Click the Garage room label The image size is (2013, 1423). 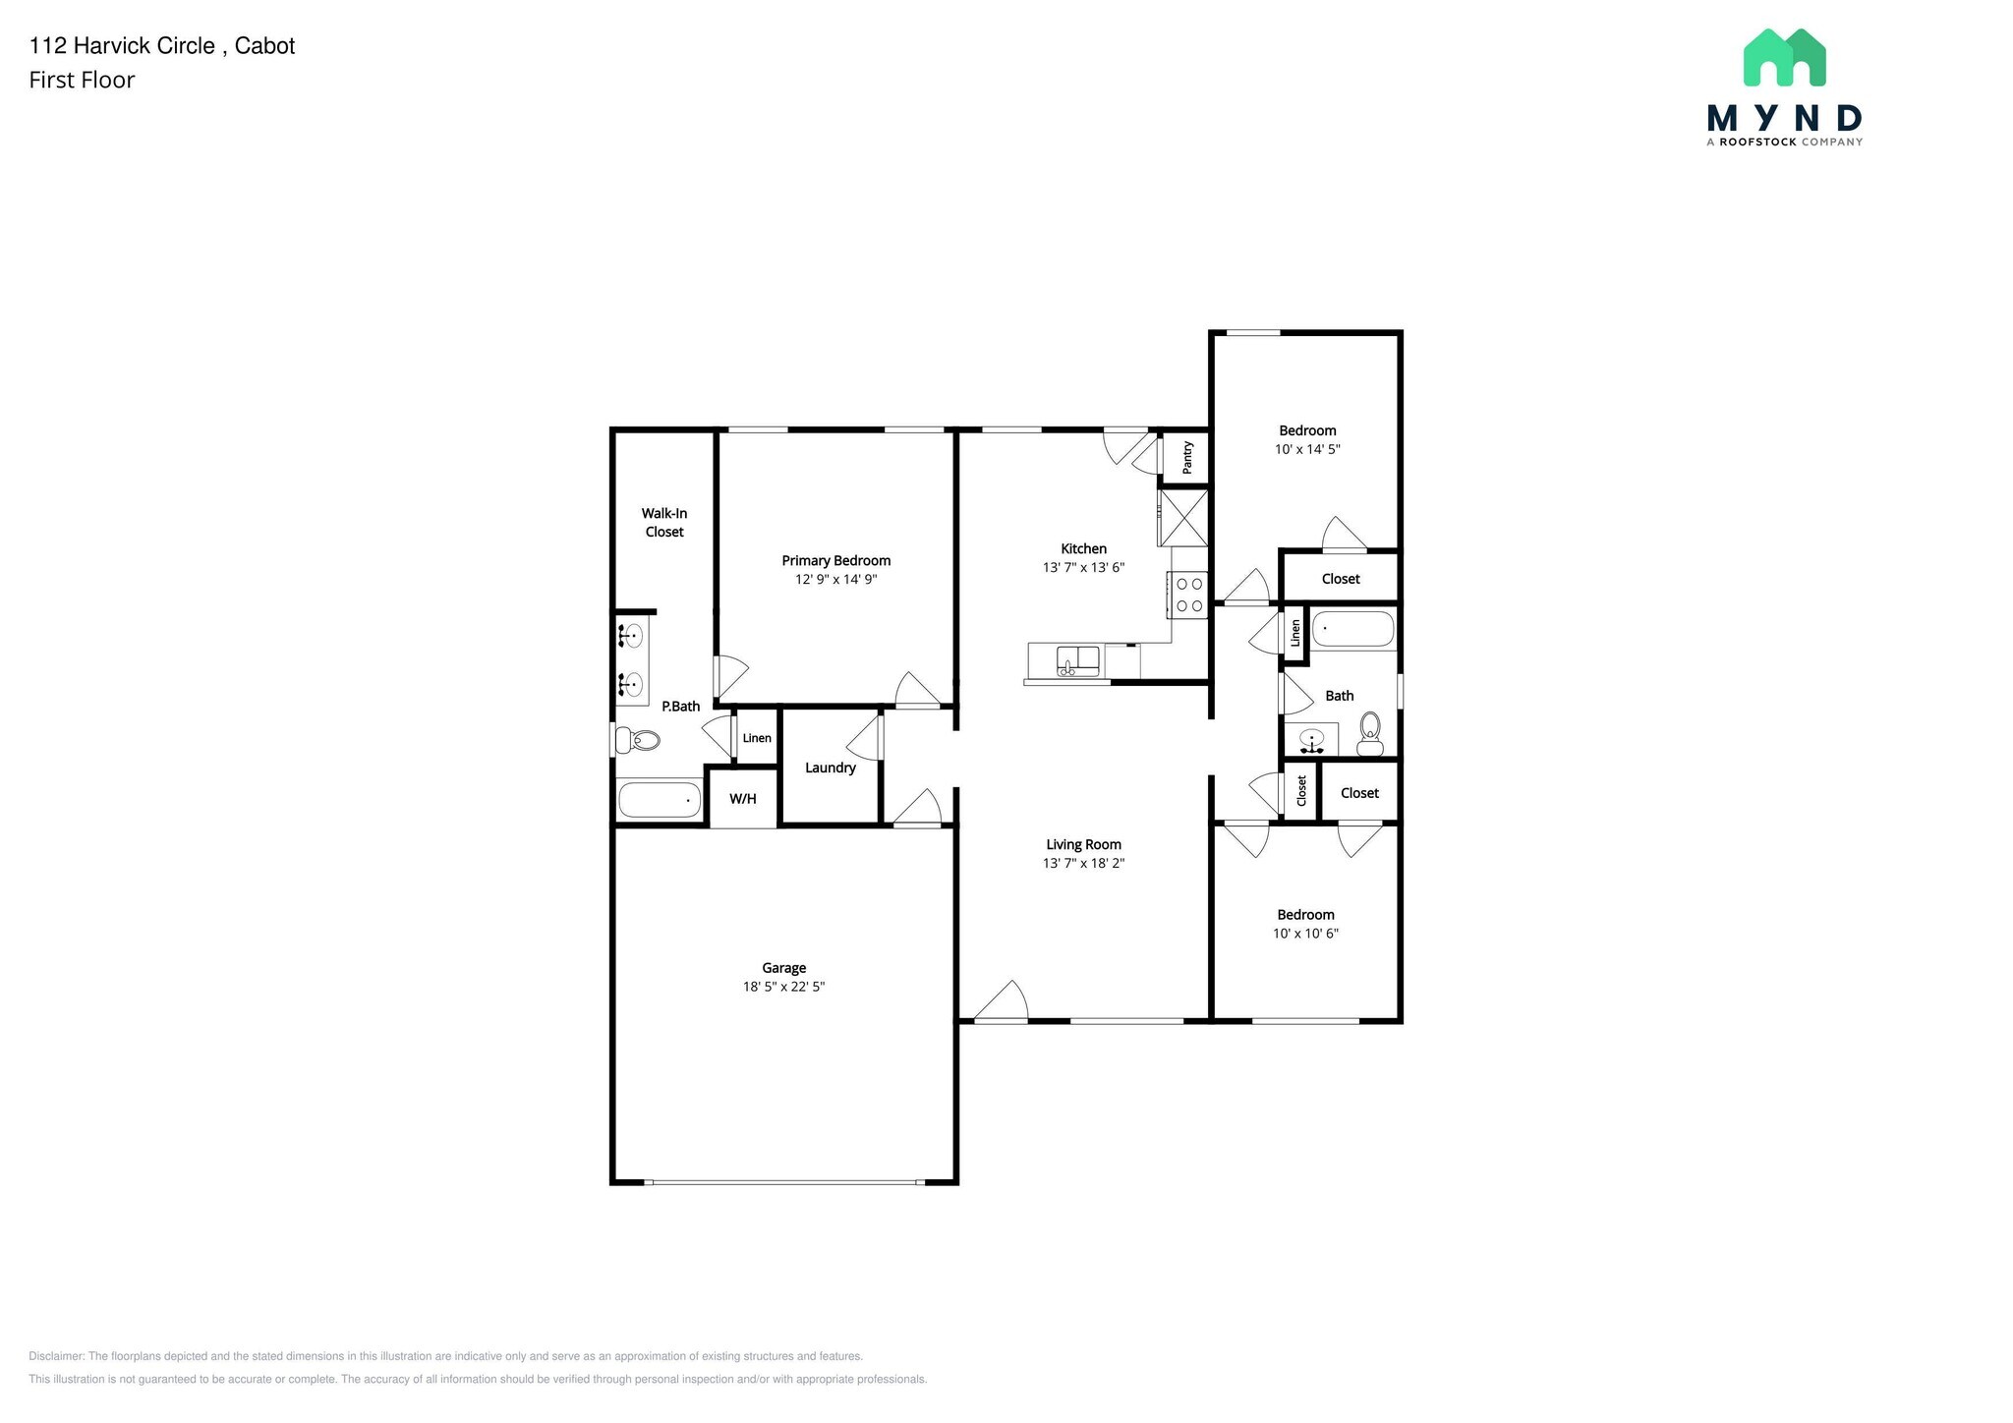click(783, 968)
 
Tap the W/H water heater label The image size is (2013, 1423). click(743, 799)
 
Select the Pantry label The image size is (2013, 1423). click(1187, 457)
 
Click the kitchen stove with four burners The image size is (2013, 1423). click(1188, 595)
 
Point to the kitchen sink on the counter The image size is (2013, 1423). click(1077, 661)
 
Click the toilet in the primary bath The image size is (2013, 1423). click(639, 739)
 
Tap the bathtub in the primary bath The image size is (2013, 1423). click(660, 799)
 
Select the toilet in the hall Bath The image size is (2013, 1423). click(1369, 732)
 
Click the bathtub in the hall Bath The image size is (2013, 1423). click(1352, 629)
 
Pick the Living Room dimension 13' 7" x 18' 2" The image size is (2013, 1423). click(1083, 864)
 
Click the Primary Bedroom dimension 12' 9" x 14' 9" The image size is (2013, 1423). click(835, 580)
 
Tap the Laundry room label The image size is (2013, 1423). click(830, 768)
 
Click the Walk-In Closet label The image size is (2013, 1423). click(664, 522)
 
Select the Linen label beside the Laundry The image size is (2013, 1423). click(757, 738)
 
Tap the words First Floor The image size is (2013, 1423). click(82, 81)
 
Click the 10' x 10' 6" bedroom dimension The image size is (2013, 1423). click(1305, 934)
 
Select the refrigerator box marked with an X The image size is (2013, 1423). click(1183, 517)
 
